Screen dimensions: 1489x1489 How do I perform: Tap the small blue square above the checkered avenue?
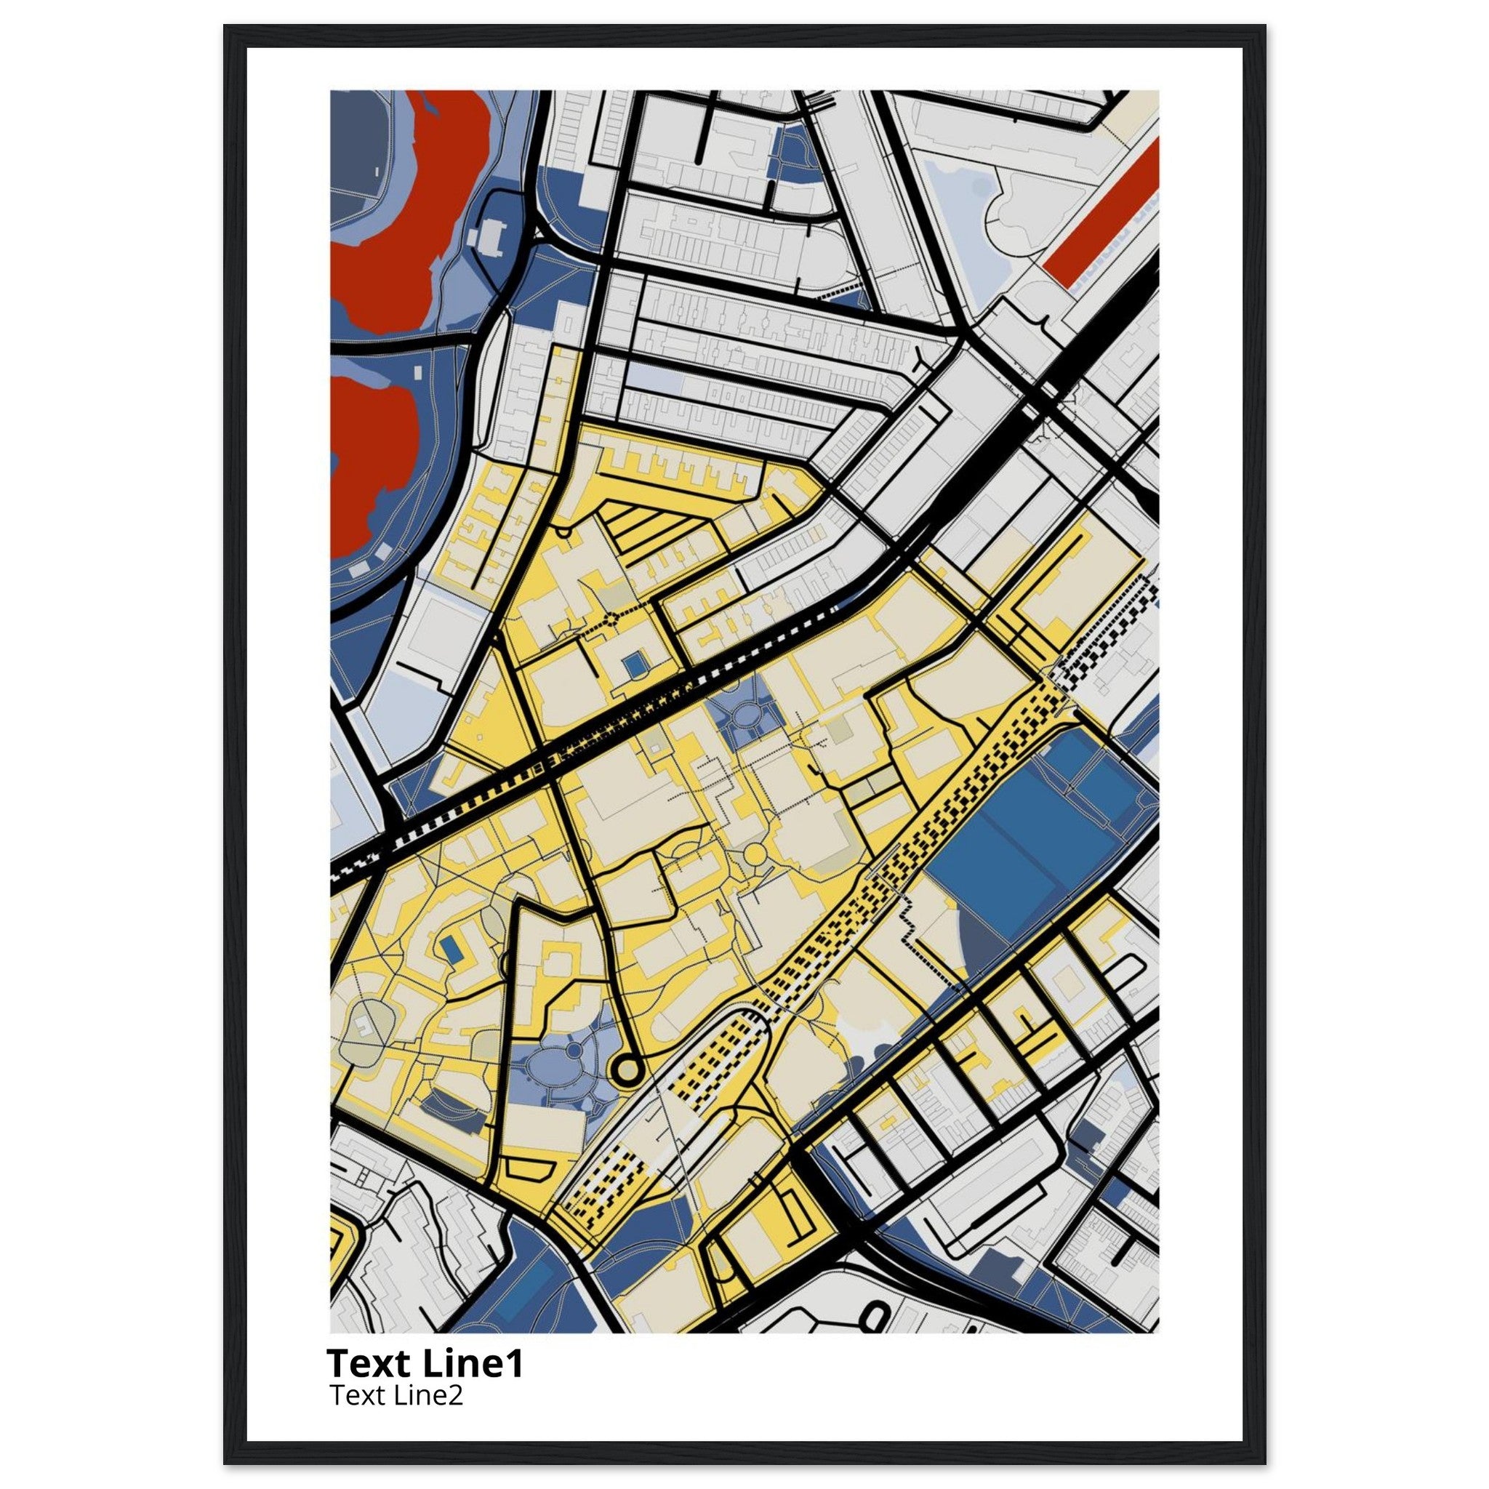point(634,662)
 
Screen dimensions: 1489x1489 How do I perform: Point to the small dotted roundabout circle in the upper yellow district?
point(613,617)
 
